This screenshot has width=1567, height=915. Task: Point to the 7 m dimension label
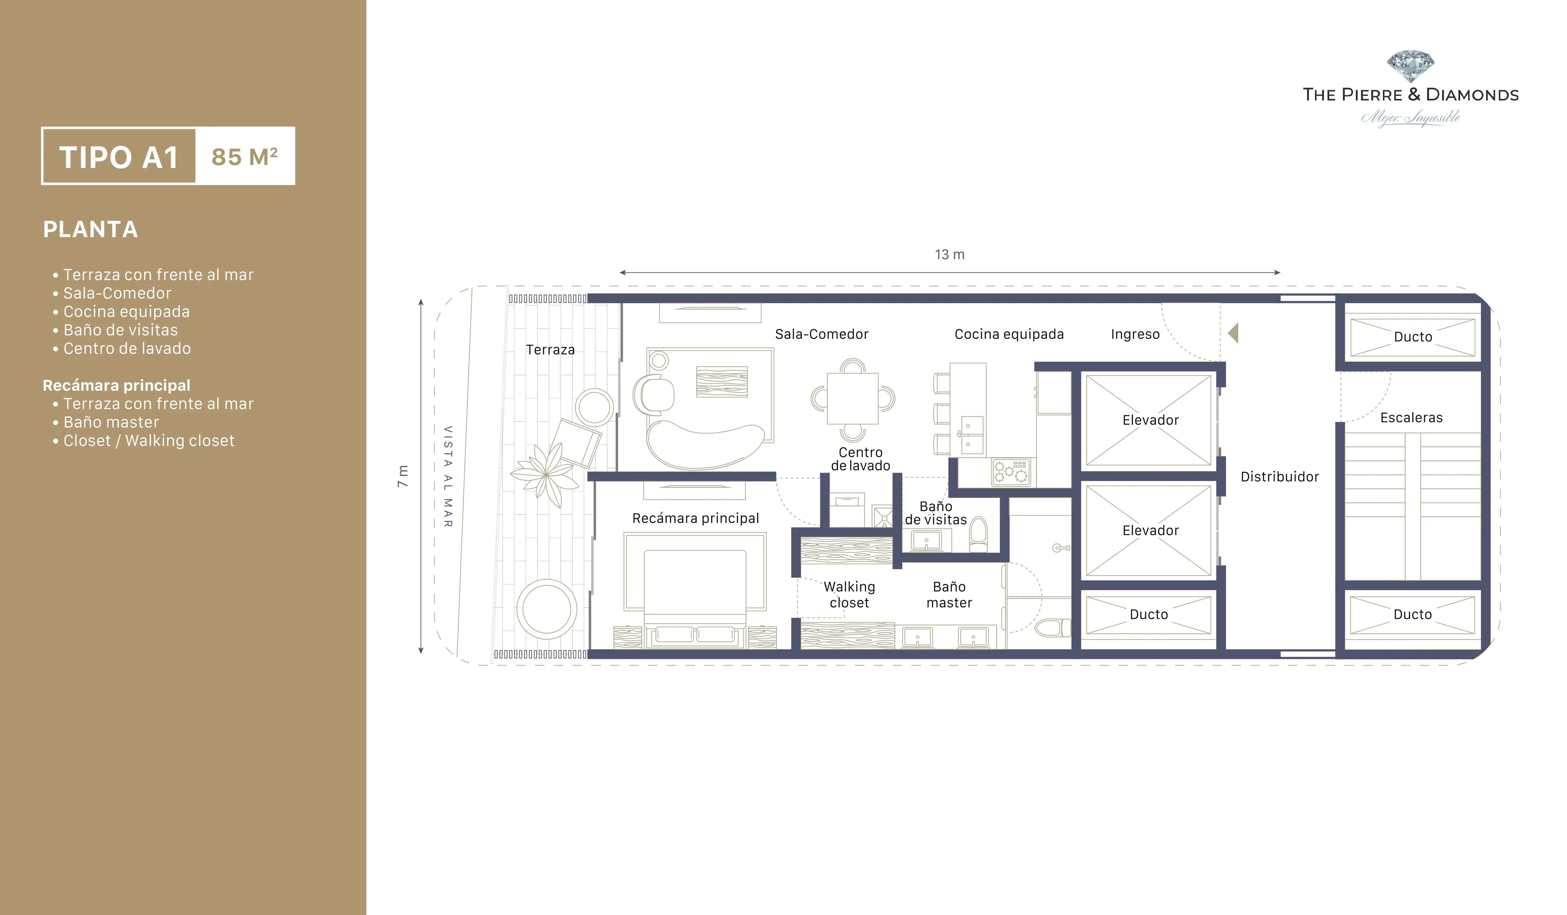pyautogui.click(x=403, y=476)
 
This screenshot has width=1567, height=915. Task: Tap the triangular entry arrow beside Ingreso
pyautogui.click(x=1233, y=333)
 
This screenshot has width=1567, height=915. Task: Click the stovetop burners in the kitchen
pyautogui.click(x=1011, y=472)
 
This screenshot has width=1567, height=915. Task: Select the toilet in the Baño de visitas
pyautogui.click(x=978, y=534)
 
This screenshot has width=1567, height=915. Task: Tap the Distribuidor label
pyautogui.click(x=1280, y=477)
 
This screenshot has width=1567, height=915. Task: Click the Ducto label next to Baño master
pyautogui.click(x=1149, y=614)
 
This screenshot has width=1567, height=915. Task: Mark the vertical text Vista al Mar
pyautogui.click(x=448, y=477)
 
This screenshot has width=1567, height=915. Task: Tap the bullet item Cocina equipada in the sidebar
pyautogui.click(x=126, y=311)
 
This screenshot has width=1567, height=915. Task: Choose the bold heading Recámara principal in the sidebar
pyautogui.click(x=116, y=385)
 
